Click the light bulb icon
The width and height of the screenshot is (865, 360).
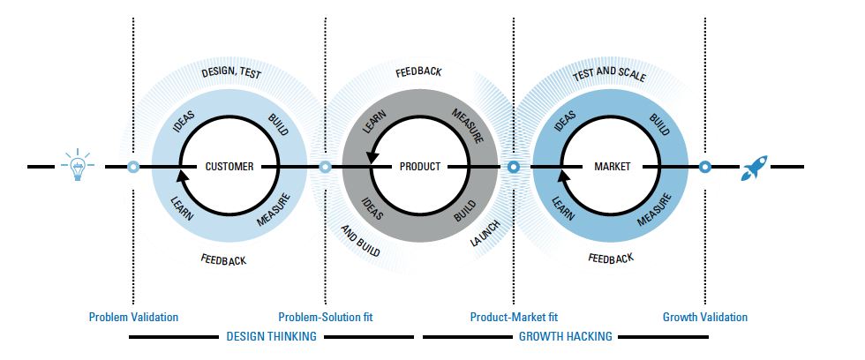[78, 165]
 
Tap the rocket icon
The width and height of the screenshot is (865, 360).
[754, 168]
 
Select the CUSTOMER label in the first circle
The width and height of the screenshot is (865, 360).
[229, 167]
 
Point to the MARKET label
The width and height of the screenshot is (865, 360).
[612, 167]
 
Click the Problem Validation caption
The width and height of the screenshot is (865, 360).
[133, 317]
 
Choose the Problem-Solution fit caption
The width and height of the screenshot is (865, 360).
[326, 317]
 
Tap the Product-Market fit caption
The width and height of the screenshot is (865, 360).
[514, 317]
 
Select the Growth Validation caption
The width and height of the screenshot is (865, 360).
[705, 317]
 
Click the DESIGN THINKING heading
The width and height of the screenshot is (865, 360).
[272, 336]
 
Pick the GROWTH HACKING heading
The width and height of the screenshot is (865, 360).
[566, 336]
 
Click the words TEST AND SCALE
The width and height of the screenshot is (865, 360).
[609, 75]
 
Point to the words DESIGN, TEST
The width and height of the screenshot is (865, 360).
[231, 72]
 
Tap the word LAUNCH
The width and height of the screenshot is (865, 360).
[485, 233]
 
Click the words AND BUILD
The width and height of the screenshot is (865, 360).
[360, 240]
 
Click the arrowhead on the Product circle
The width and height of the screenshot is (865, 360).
[372, 156]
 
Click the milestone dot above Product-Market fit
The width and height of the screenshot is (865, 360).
[514, 167]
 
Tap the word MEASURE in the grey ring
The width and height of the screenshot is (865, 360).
[468, 125]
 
